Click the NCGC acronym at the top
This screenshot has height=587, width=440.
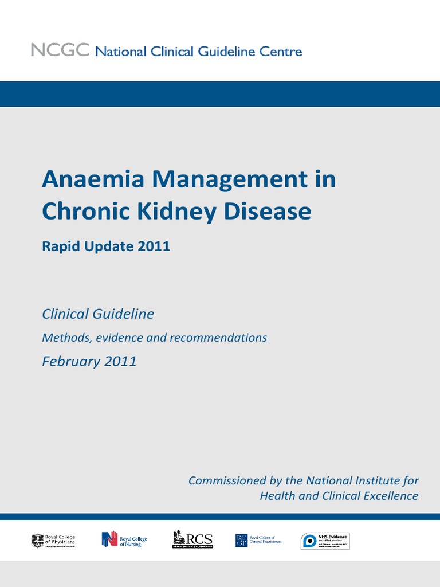click(60, 51)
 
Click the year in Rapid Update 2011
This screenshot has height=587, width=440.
click(154, 246)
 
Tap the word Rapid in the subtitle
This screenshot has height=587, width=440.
click(60, 246)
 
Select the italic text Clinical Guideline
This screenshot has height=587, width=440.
click(98, 314)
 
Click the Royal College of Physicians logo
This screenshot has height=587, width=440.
click(53, 540)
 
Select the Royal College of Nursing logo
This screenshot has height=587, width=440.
click(124, 539)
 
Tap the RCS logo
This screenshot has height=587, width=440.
click(192, 539)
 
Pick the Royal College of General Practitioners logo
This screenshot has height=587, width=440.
click(258, 540)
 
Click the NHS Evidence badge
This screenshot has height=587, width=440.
click(325, 541)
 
